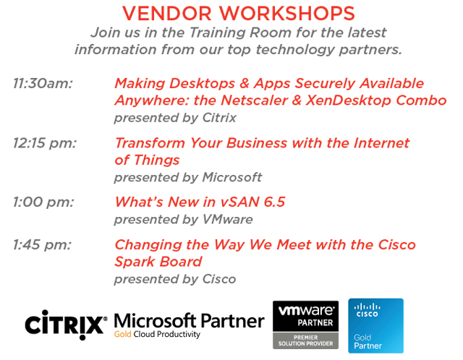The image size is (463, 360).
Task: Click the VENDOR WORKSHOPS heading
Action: pos(239,13)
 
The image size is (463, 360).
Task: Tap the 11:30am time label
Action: pos(43,84)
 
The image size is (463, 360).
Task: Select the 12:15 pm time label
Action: pos(45,143)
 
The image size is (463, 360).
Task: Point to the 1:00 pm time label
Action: pos(43,202)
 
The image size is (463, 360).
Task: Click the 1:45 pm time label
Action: pos(42,245)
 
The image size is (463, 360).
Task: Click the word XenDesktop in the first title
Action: pos(349,101)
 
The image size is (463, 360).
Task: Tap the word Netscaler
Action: pos(255,100)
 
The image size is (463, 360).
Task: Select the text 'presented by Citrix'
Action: pos(175,119)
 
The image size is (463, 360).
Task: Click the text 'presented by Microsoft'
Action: pos(188,178)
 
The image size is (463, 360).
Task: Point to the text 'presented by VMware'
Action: pos(183,220)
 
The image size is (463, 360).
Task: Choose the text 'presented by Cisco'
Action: pos(175,280)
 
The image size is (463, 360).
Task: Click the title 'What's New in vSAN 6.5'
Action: pos(200,202)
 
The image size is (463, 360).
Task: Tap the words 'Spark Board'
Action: pos(158,262)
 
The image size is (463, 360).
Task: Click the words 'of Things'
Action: pos(147,160)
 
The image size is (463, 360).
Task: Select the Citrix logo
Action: pos(66,325)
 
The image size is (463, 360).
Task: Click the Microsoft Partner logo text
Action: pos(189,321)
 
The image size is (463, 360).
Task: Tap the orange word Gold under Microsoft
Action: pos(122,334)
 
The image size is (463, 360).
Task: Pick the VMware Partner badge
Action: pos(305,325)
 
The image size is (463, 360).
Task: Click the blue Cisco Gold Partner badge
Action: pos(375,326)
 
